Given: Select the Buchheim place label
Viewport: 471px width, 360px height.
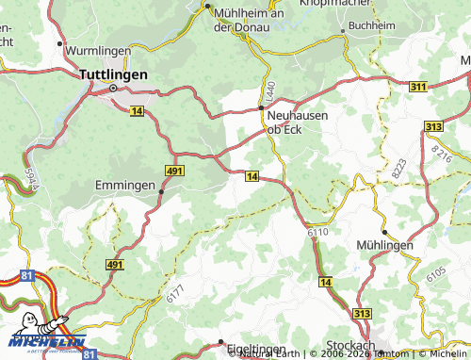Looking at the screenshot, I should (x=371, y=25).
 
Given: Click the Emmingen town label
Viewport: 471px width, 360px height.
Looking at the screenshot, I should (x=125, y=186).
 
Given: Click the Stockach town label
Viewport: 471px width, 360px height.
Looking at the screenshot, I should (x=350, y=345).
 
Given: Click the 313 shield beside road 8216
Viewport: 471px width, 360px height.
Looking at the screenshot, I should (x=433, y=126).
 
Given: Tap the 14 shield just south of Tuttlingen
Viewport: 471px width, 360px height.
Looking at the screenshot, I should (x=138, y=111).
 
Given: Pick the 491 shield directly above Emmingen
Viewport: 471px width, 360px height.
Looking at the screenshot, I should (x=174, y=170).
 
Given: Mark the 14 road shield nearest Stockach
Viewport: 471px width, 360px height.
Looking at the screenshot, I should (x=326, y=282).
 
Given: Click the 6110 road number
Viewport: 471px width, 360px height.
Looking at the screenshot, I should (x=317, y=230).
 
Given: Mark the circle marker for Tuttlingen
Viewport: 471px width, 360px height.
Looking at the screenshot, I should (x=113, y=89).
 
